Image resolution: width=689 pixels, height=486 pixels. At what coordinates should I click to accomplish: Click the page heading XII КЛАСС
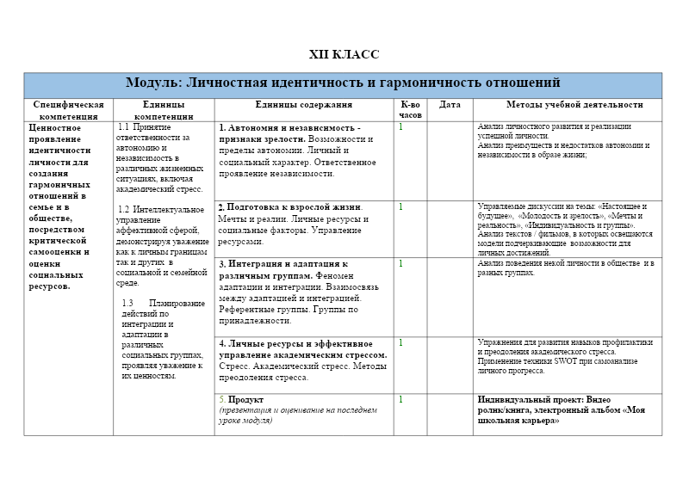click(344, 54)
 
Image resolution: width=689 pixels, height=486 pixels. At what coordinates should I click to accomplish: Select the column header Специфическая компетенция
click(68, 110)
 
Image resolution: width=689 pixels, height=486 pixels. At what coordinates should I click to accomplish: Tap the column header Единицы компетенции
click(164, 110)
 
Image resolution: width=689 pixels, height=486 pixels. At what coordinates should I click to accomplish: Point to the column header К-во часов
click(411, 109)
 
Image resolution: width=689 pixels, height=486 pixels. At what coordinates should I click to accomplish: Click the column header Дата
click(450, 105)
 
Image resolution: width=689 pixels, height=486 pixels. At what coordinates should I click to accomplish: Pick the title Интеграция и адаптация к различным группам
click(282, 269)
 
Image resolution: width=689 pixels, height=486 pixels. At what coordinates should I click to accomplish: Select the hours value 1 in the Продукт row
click(400, 400)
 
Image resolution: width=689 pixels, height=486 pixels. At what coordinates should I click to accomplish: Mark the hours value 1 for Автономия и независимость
click(400, 127)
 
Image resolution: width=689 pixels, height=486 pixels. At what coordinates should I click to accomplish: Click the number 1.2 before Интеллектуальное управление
click(123, 209)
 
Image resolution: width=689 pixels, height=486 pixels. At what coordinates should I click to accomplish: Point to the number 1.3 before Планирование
click(127, 303)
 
